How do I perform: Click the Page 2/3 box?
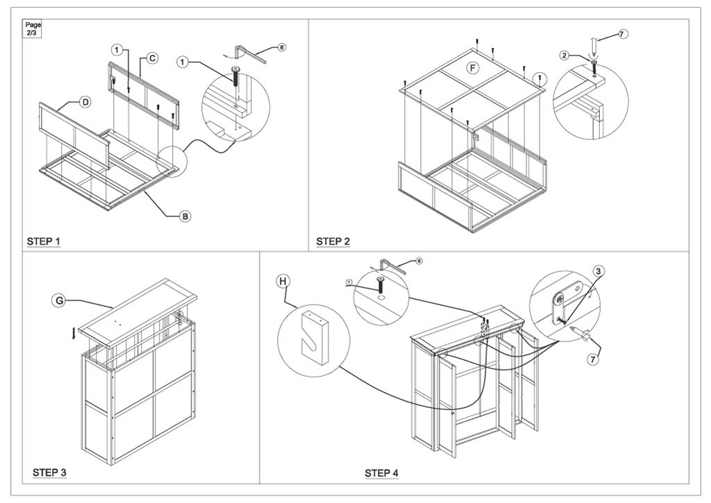click(x=33, y=28)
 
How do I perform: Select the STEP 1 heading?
click(x=44, y=241)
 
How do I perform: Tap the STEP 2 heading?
click(x=333, y=241)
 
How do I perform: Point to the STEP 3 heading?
click(x=49, y=472)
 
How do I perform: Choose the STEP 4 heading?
click(x=381, y=473)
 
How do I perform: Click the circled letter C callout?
click(x=152, y=59)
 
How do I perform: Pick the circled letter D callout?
click(x=85, y=102)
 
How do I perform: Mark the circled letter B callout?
click(x=185, y=216)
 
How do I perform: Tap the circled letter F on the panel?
click(x=473, y=68)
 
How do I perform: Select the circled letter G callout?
click(x=59, y=300)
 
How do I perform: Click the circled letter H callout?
click(x=283, y=281)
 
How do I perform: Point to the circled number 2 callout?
click(x=565, y=55)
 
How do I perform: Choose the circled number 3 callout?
click(x=598, y=271)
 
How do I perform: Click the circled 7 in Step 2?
click(x=622, y=33)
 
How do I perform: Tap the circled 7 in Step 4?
click(x=592, y=359)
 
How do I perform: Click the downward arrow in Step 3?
click(x=74, y=334)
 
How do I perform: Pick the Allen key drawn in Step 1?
click(x=251, y=52)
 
